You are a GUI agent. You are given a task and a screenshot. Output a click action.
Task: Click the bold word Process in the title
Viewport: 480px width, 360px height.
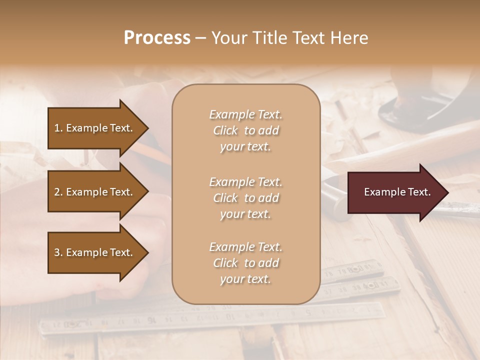coord(157,38)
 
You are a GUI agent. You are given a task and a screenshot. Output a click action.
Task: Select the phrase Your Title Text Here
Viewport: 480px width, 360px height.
coord(289,38)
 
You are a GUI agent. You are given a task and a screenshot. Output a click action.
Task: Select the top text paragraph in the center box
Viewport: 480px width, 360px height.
coord(245,130)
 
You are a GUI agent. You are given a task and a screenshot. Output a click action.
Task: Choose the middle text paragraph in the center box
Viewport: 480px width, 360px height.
coord(245,198)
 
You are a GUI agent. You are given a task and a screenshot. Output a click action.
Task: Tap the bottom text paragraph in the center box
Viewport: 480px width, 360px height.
coord(245,263)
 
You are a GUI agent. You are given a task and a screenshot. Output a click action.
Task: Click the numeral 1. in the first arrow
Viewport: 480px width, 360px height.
coord(58,128)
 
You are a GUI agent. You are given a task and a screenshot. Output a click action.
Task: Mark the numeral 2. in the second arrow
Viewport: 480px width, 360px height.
coord(58,192)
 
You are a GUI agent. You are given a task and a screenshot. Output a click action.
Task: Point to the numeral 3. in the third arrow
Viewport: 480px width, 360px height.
coord(58,252)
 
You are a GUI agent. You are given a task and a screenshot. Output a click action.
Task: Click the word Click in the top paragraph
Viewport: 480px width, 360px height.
coord(225,130)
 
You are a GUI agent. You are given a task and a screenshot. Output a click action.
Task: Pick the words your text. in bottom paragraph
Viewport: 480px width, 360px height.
coord(245,279)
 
